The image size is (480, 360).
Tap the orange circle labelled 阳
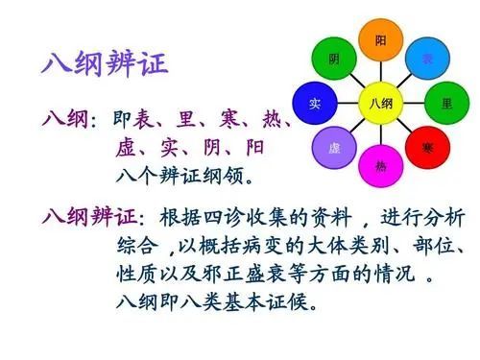(x=381, y=40)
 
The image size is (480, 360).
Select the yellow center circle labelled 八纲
(x=381, y=103)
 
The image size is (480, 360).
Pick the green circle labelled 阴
(x=334, y=59)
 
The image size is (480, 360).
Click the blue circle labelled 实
(x=315, y=103)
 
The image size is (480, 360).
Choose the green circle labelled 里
(x=447, y=103)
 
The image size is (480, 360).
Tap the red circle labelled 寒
(x=427, y=147)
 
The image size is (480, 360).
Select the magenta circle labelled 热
(x=381, y=165)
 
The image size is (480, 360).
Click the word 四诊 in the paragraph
(x=234, y=215)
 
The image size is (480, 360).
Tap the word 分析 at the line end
(x=446, y=215)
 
